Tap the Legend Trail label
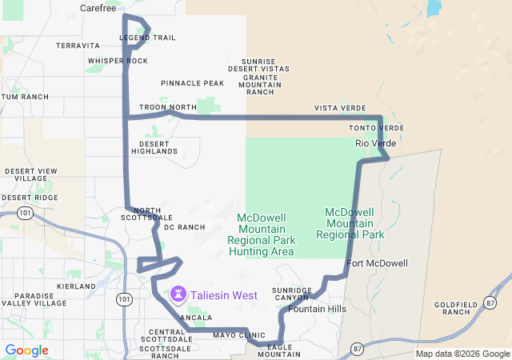(x=147, y=38)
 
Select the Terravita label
(x=78, y=46)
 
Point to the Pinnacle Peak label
(x=192, y=83)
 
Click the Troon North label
(x=167, y=107)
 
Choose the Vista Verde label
(x=340, y=108)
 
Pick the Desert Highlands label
(x=154, y=146)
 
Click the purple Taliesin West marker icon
(x=177, y=295)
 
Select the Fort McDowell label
(x=377, y=263)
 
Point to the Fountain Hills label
(x=318, y=309)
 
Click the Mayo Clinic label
(x=239, y=335)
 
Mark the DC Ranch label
(x=184, y=228)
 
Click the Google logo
(x=26, y=350)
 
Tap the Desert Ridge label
(x=30, y=198)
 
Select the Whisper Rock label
(x=118, y=61)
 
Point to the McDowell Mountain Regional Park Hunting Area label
(x=262, y=234)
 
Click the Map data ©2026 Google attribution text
(x=462, y=354)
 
